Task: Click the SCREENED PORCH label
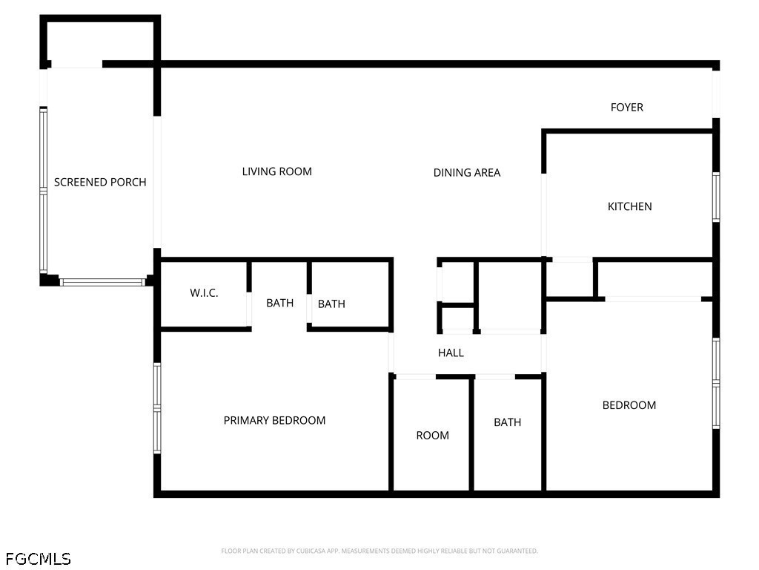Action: click(100, 183)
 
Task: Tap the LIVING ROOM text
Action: click(277, 171)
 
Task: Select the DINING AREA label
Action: click(467, 172)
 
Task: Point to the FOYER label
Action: click(627, 107)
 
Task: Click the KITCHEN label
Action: click(630, 206)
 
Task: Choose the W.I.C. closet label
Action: click(204, 292)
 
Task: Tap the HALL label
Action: click(451, 353)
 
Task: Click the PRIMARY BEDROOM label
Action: click(274, 420)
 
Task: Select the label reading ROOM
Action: click(432, 435)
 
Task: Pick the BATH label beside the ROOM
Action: click(507, 422)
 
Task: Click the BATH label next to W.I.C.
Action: click(279, 303)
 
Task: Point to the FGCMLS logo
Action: click(39, 559)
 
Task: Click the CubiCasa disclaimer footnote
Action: click(379, 551)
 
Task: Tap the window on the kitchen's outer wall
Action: click(717, 197)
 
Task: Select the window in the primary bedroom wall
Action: click(157, 408)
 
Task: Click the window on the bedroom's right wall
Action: click(717, 384)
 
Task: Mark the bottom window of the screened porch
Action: click(102, 282)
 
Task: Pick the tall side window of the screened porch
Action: click(43, 190)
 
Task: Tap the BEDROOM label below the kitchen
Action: click(629, 405)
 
